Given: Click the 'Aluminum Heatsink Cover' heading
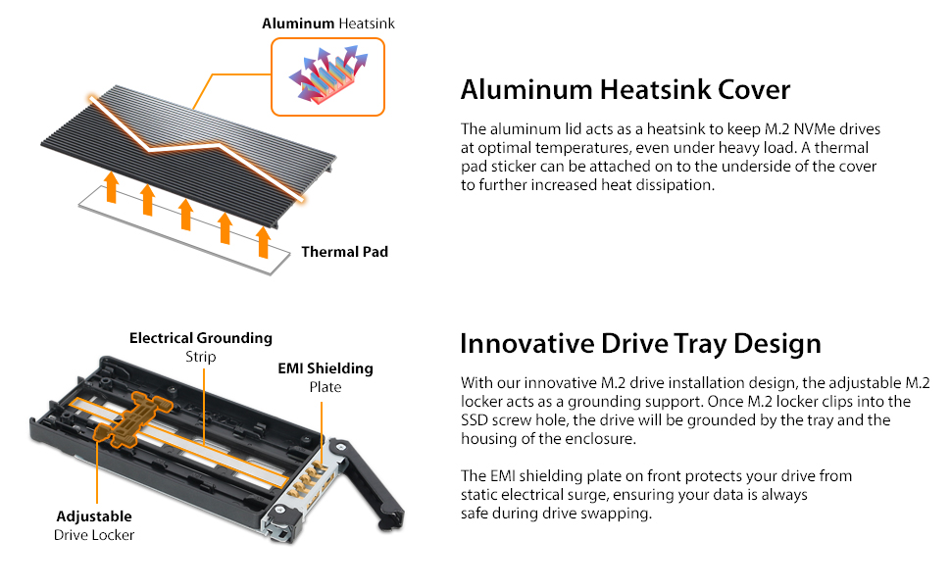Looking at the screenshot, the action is [x=626, y=90].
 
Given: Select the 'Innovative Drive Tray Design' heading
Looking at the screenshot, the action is [x=640, y=344].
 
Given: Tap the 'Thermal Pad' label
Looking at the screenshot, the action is [x=344, y=252].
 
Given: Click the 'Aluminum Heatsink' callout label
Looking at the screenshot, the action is [x=328, y=24].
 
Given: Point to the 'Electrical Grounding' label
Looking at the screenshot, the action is [x=201, y=338].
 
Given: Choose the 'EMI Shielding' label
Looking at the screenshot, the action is [x=325, y=368].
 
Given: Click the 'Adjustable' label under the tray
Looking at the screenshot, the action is [x=94, y=516].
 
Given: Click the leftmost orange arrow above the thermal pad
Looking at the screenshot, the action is [x=111, y=186].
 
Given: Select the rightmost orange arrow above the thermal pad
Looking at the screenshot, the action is [x=263, y=242].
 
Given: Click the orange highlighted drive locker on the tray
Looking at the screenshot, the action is [x=132, y=420].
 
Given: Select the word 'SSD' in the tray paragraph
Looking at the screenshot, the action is [x=475, y=420].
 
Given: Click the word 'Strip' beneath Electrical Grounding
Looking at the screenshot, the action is [x=201, y=357].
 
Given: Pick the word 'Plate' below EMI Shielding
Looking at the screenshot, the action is [x=325, y=387].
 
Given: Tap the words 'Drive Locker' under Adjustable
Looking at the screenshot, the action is [x=94, y=535].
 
